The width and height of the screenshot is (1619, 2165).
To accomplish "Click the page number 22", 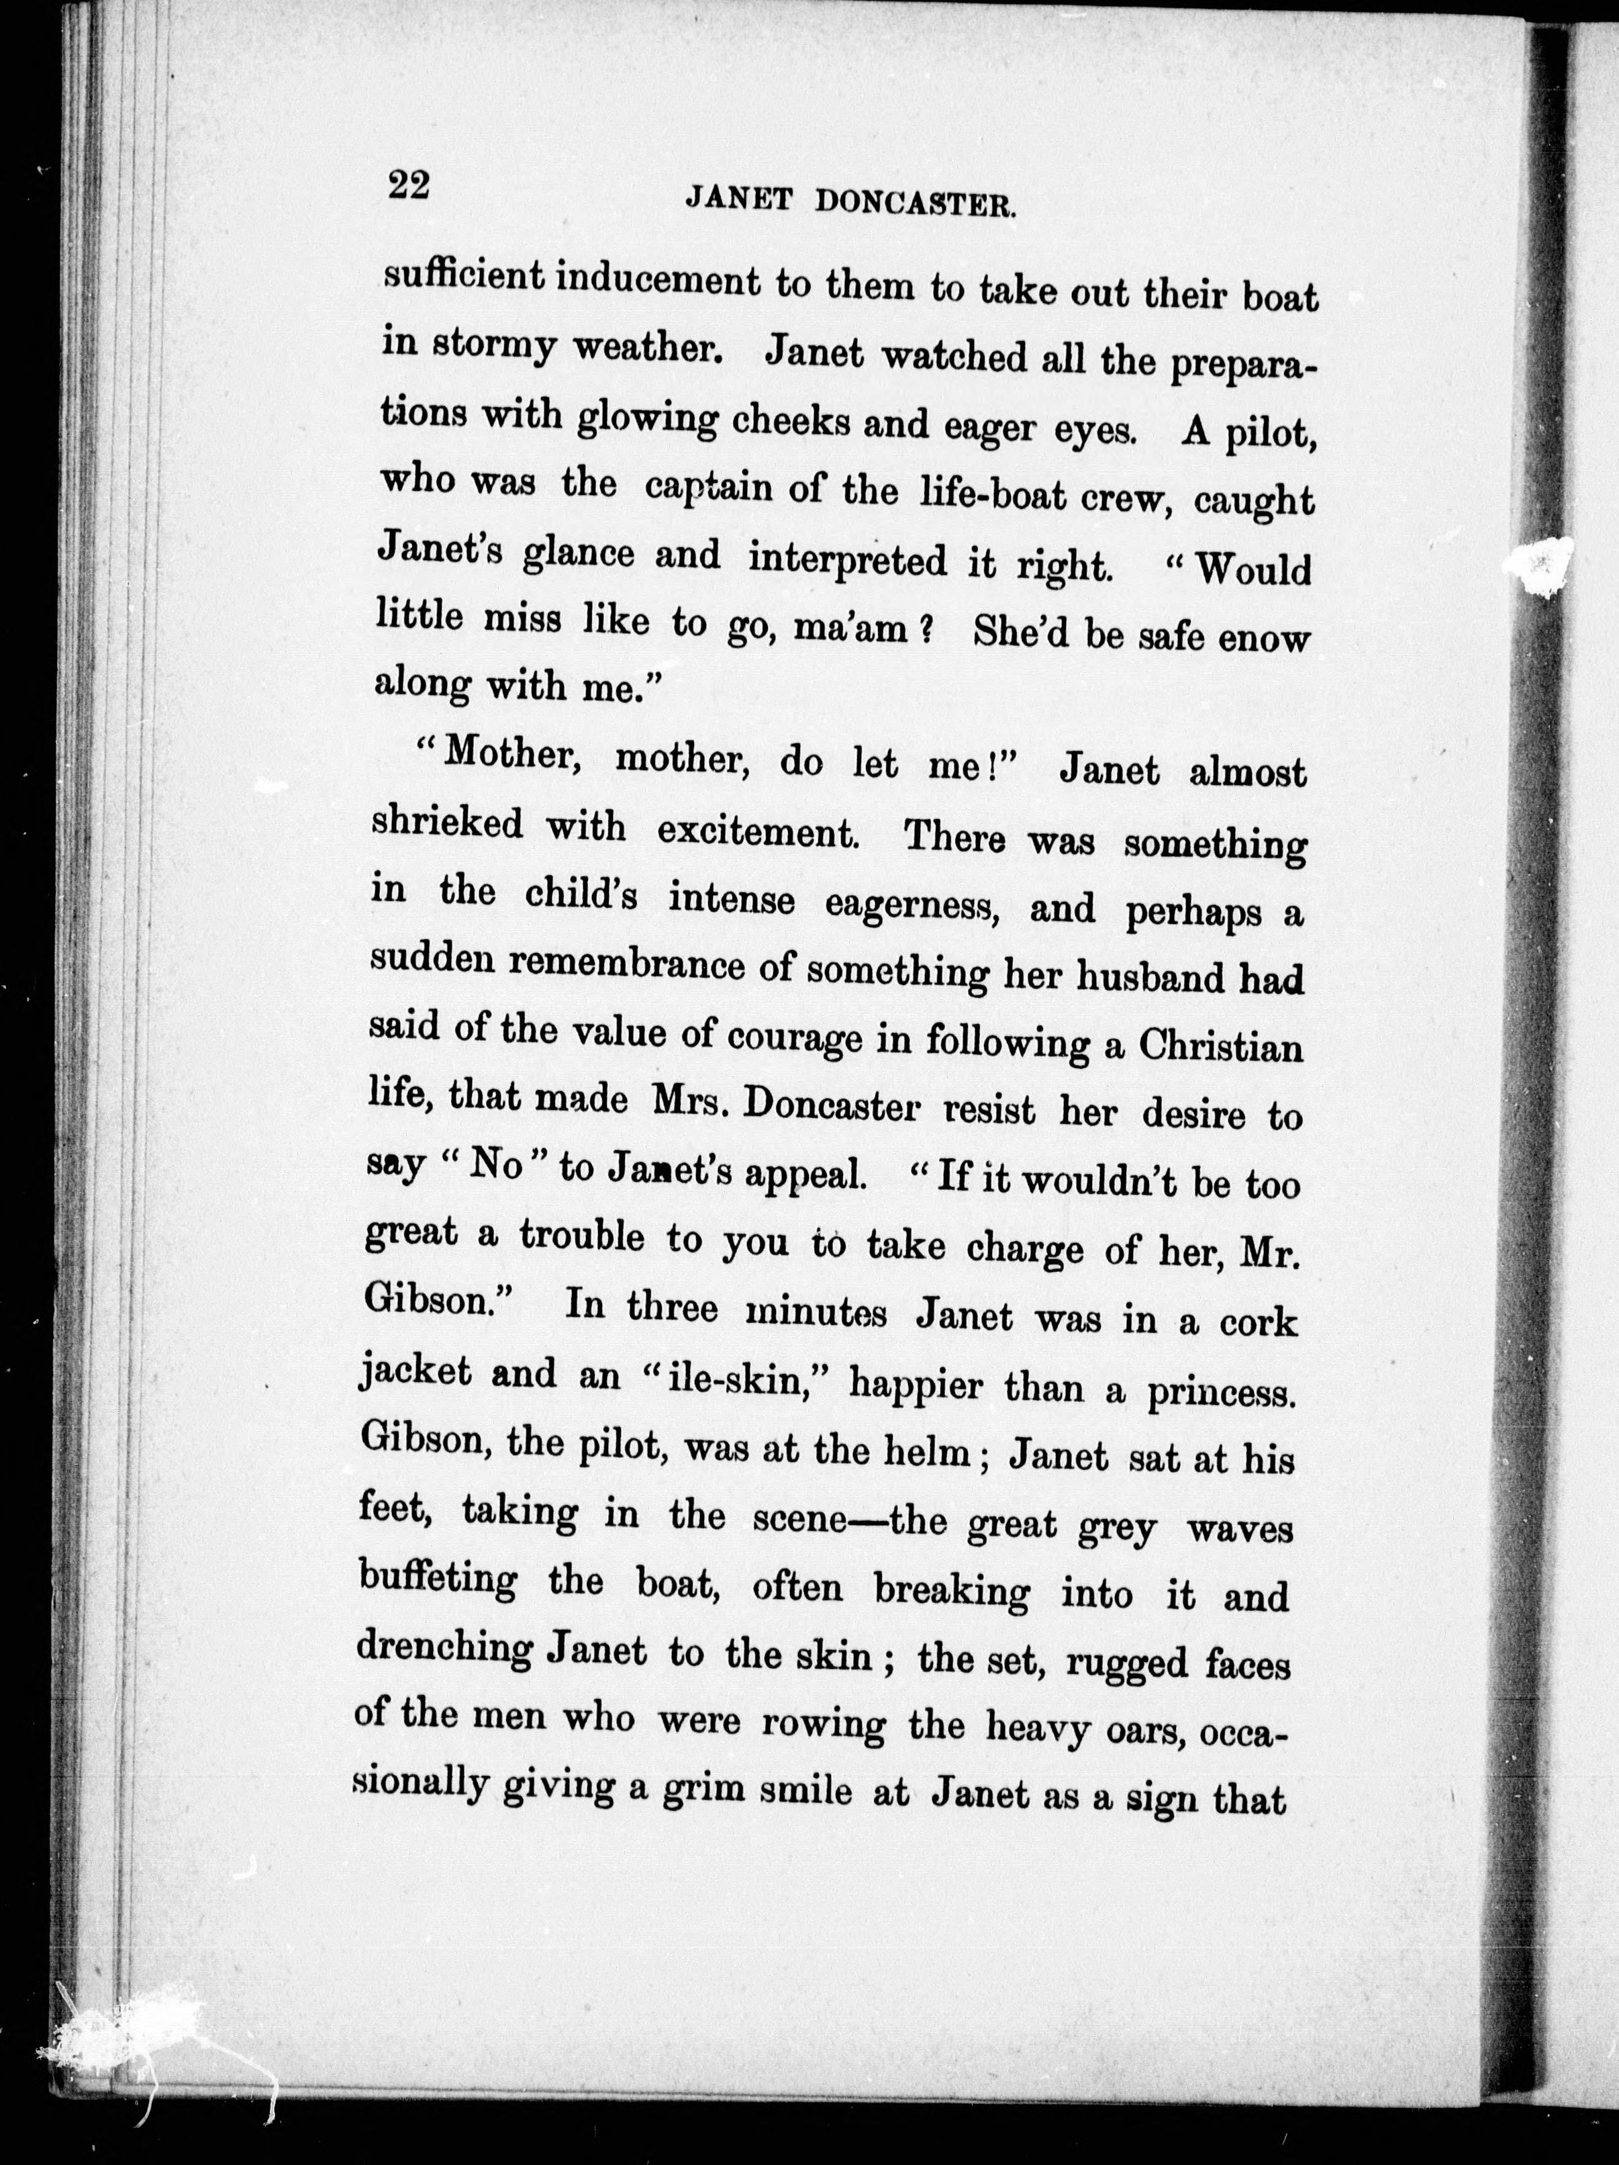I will pos(408,184).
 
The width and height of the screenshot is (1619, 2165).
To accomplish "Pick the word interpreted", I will pos(847,560).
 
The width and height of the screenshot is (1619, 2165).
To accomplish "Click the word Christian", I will pos(1220,1046).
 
